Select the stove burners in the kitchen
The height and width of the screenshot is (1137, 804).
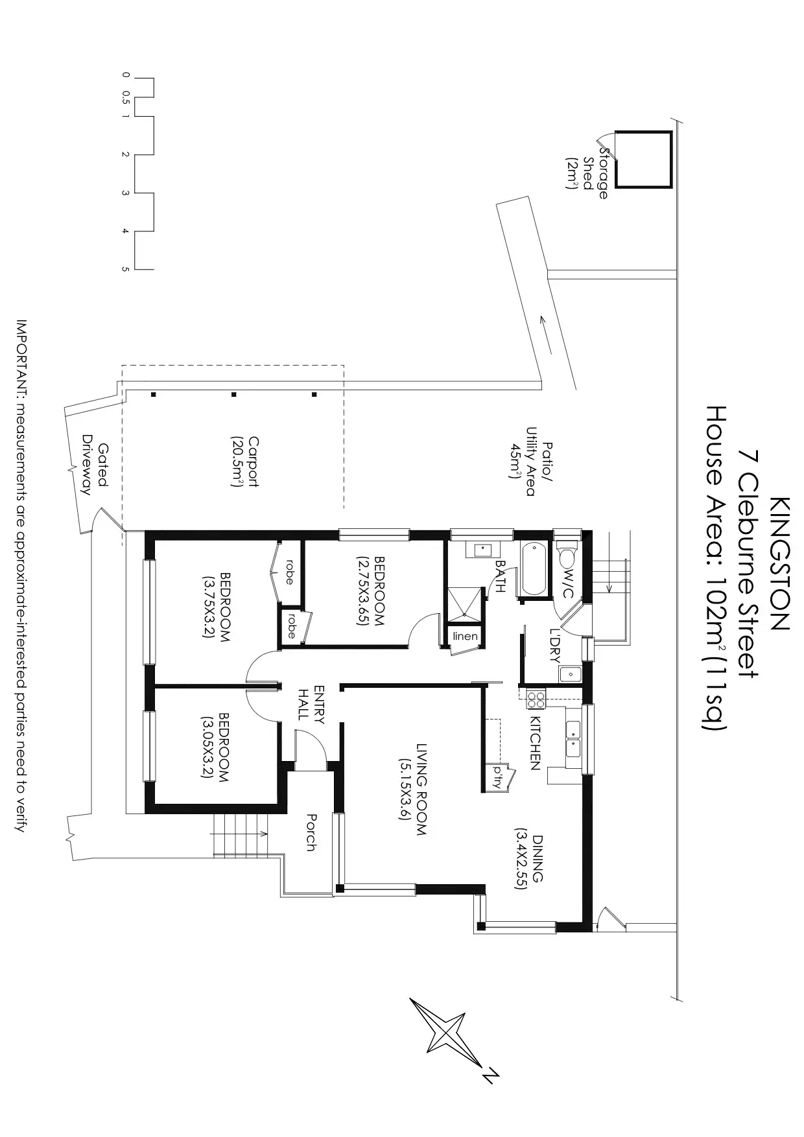[536, 699]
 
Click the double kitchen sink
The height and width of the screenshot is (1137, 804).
[573, 739]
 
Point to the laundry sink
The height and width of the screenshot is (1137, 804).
[571, 674]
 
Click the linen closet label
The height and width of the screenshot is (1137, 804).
[465, 636]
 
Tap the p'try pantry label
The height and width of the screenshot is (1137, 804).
[498, 777]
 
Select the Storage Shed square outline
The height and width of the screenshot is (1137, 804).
[642, 159]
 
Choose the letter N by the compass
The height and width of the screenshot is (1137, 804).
[491, 1075]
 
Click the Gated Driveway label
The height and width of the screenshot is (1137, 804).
[95, 461]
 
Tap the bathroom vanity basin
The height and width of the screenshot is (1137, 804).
[483, 550]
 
